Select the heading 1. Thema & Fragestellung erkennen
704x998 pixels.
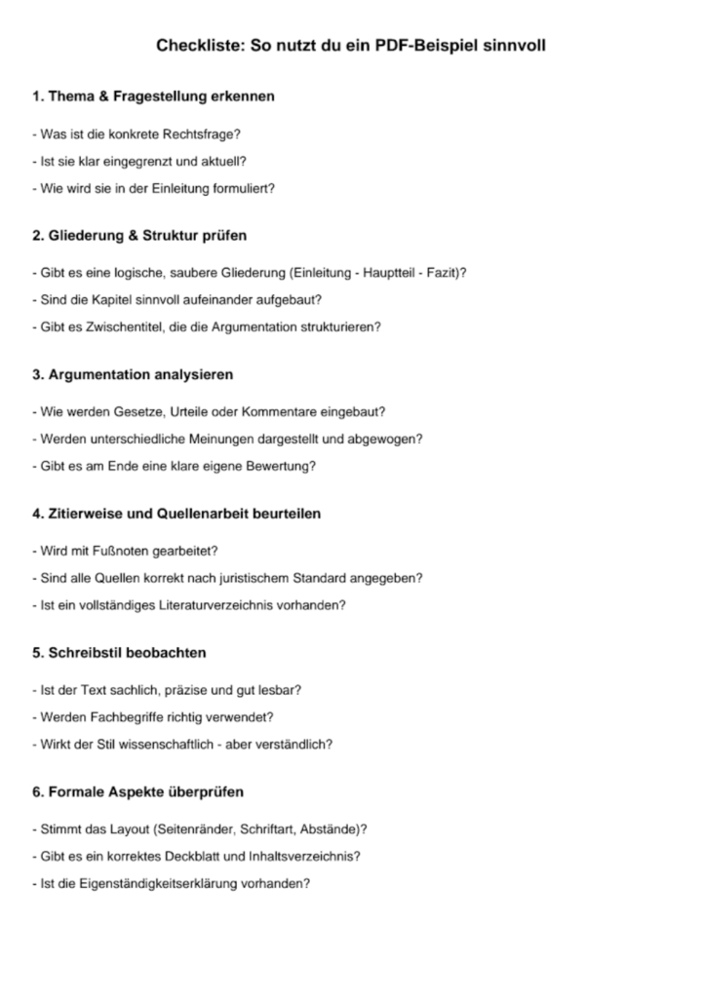click(153, 96)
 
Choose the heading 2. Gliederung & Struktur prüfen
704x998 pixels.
click(139, 236)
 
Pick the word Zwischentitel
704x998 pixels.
click(114, 327)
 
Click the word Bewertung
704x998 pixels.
click(282, 466)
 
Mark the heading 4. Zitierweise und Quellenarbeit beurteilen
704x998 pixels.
click(176, 513)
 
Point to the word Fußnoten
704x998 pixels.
click(120, 550)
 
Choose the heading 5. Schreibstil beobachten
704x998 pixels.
click(119, 651)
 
